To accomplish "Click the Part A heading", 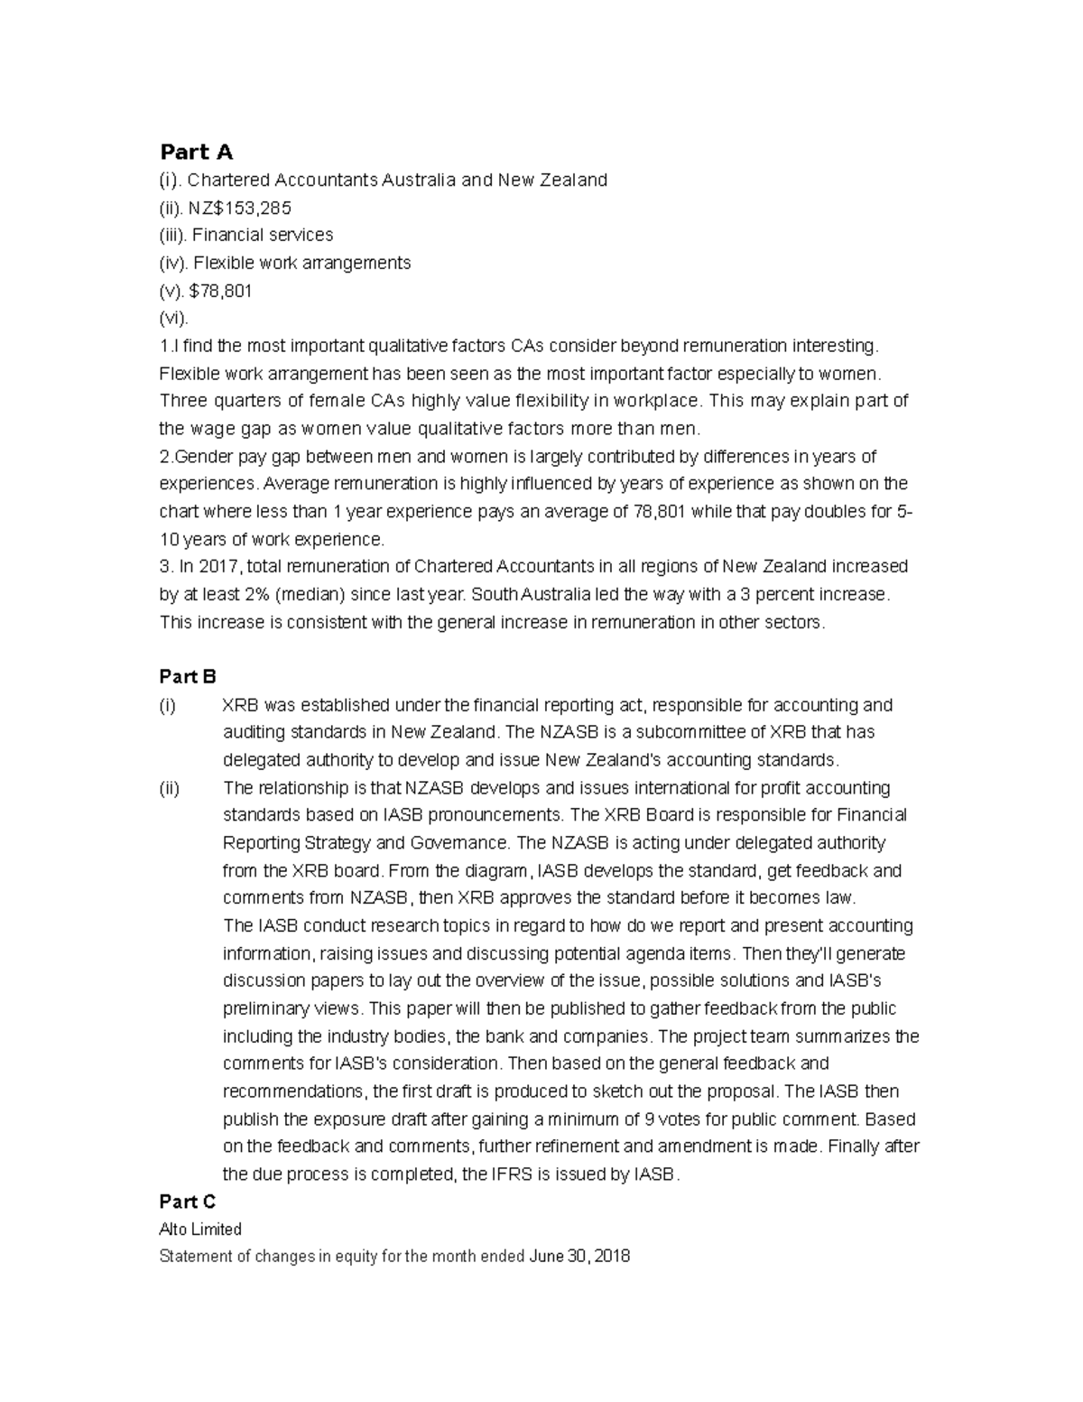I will coord(196,152).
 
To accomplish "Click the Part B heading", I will coord(188,676).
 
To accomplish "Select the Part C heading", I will coord(188,1202).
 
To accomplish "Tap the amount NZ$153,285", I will coord(240,208).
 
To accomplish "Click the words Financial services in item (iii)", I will coord(263,236).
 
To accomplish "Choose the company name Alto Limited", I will coord(200,1230).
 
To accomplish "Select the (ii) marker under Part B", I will coord(170,788).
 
